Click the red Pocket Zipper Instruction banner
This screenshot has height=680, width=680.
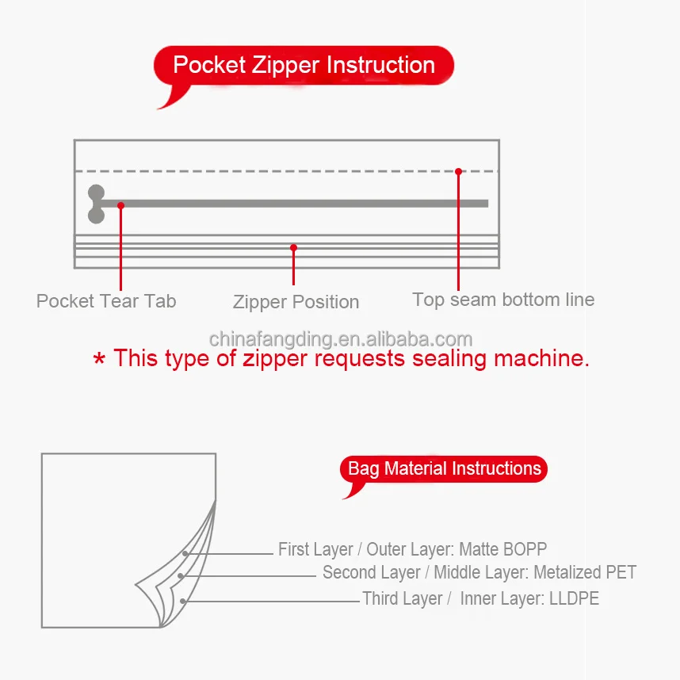[304, 65]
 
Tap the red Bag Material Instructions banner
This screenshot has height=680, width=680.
[444, 468]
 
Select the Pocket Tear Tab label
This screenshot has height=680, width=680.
[106, 301]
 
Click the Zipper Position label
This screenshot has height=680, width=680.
[296, 302]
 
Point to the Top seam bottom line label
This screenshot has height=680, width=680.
[503, 300]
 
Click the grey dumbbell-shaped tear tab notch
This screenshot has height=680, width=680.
[96, 204]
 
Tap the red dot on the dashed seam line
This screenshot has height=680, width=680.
[458, 171]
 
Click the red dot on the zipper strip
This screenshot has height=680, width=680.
[293, 247]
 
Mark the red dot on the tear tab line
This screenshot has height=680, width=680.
[120, 205]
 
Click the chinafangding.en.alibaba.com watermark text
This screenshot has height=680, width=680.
[341, 339]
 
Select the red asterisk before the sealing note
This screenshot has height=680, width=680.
[99, 360]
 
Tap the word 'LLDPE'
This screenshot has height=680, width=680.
[574, 598]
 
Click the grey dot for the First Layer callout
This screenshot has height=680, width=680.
[185, 553]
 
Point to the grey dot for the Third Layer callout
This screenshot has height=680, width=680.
[183, 602]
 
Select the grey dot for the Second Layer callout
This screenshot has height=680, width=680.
[181, 576]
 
